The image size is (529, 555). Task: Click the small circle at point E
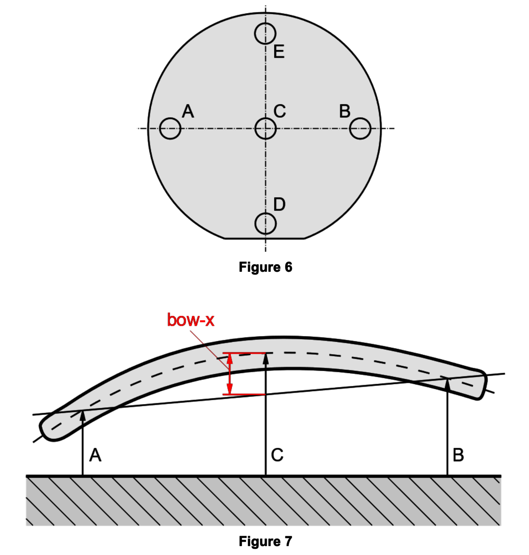265,34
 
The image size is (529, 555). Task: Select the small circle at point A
170,129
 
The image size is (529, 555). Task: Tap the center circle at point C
266,129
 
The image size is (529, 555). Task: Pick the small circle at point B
360,129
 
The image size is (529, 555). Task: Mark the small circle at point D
266,224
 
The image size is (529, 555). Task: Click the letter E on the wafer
279,52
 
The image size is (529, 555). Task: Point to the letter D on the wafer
279,204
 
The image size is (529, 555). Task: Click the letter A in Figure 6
188,111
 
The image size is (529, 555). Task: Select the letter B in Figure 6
345,111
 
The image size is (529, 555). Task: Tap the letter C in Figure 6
279,110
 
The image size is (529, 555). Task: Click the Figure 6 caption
265,267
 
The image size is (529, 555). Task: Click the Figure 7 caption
265,541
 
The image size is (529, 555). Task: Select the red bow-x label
191,320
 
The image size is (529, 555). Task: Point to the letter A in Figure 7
95,455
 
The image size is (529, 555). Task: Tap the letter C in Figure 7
277,455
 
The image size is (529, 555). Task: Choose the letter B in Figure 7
458,455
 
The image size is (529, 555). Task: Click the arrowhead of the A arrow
82,415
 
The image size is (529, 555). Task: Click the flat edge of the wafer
265,238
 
